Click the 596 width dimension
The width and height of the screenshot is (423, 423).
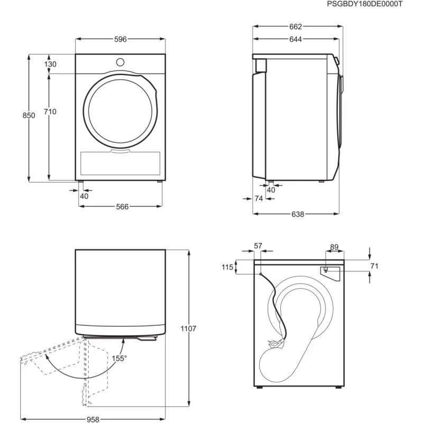(x=121, y=39)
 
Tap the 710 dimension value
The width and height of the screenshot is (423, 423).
(x=50, y=112)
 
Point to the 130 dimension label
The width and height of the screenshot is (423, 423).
(x=50, y=64)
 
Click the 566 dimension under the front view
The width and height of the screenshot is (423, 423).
(x=122, y=207)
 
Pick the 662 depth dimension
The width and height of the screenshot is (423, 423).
(x=296, y=27)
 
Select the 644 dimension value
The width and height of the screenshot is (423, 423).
(x=296, y=39)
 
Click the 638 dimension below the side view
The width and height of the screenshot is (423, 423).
(x=298, y=214)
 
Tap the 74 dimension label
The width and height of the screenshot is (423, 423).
(x=259, y=199)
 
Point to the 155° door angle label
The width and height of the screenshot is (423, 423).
(x=119, y=358)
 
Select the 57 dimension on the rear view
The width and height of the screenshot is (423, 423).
(x=258, y=246)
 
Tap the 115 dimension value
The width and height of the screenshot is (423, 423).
(x=227, y=268)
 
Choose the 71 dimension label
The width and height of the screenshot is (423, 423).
(x=374, y=266)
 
